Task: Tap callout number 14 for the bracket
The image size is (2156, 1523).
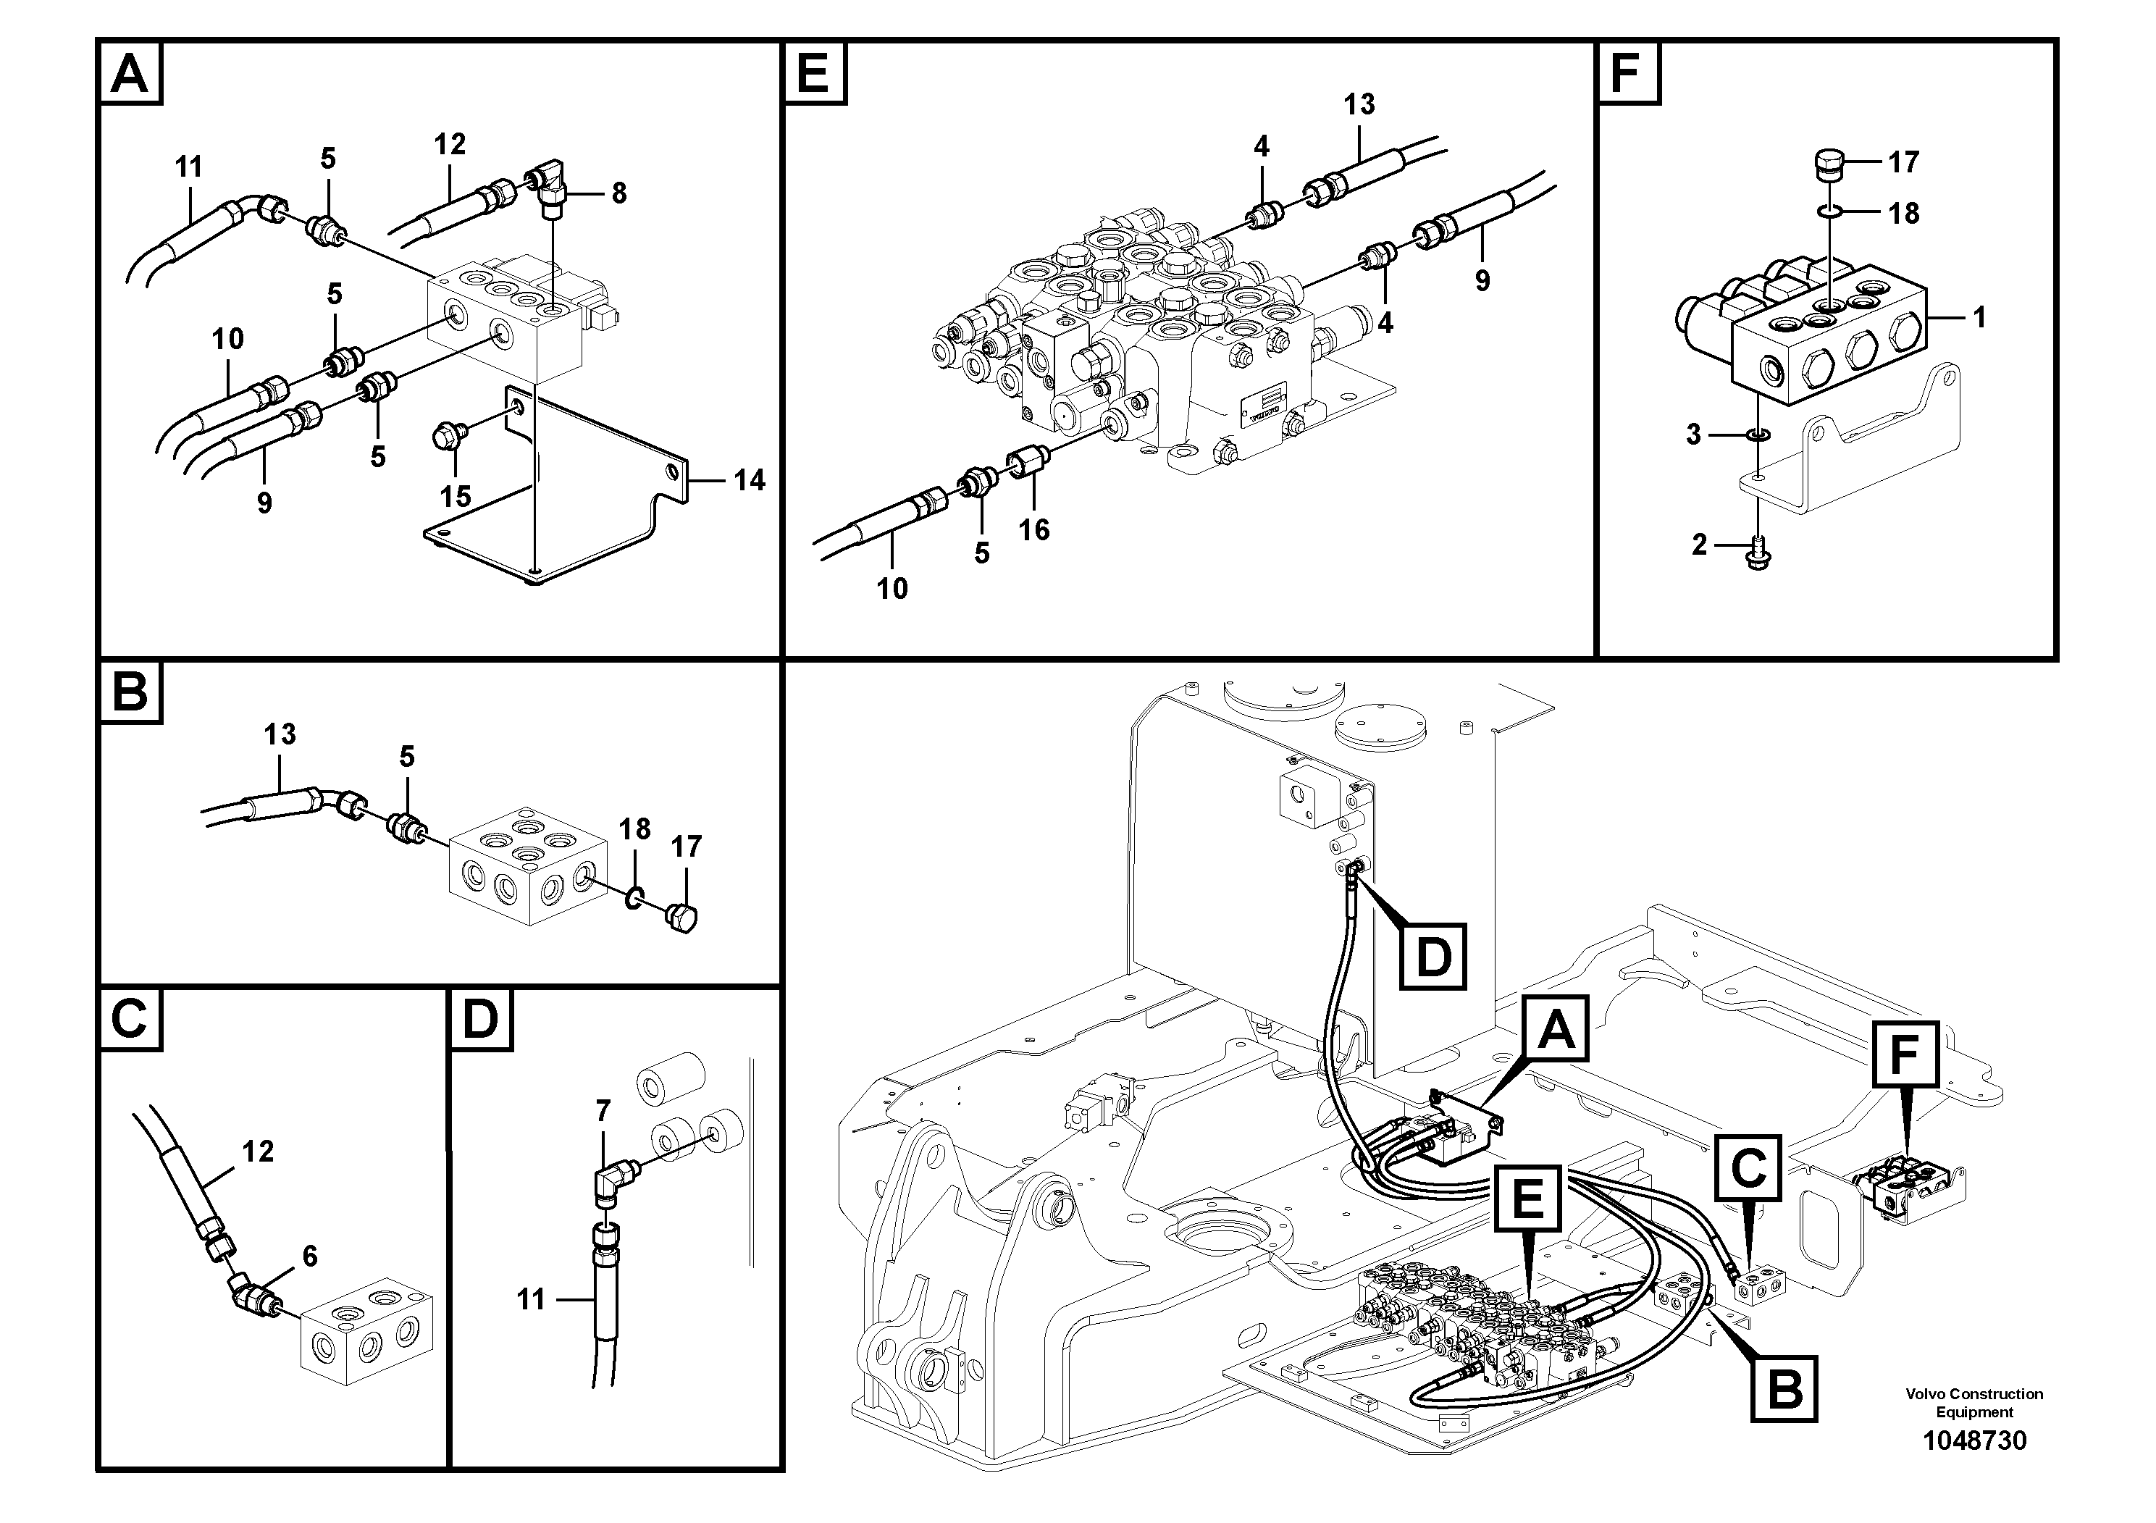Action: coord(748,480)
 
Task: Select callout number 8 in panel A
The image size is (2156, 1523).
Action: coord(618,193)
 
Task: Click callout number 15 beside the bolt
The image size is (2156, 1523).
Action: coord(456,496)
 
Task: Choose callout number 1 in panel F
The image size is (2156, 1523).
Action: coord(1979,317)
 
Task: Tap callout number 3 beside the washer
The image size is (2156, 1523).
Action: coord(1693,435)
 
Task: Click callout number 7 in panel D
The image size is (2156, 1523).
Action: coord(603,1111)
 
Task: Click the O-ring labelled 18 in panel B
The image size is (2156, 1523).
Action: coord(634,897)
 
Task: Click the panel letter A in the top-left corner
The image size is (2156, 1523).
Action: coord(130,72)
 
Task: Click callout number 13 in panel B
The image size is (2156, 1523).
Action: coord(280,734)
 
